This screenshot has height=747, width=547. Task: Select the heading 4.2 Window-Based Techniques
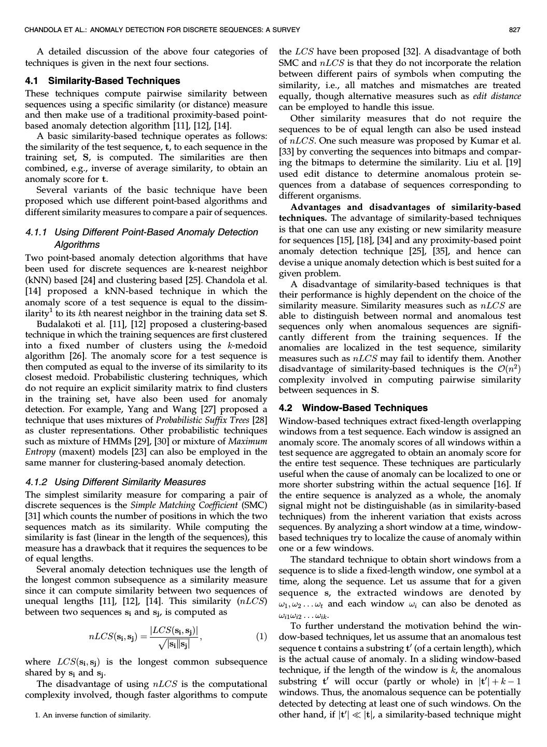click(x=353, y=408)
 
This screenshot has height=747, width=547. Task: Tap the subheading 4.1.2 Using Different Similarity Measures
click(x=115, y=482)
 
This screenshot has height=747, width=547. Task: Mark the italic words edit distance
click(x=497, y=96)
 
